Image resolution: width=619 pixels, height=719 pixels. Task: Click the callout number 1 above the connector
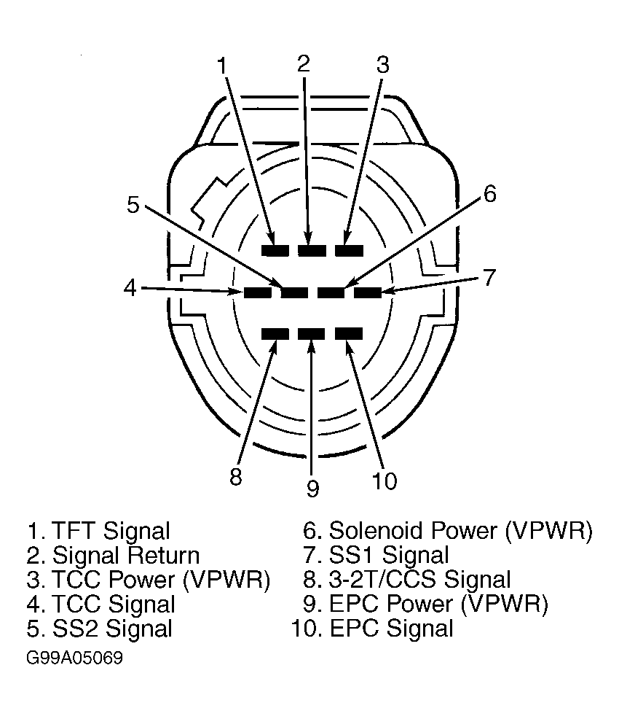[x=222, y=66]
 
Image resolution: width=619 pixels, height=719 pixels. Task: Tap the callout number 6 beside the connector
[x=490, y=194]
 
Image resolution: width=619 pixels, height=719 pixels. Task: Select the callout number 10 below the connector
[x=385, y=481]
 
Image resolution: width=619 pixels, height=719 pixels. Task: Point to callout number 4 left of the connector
[x=130, y=288]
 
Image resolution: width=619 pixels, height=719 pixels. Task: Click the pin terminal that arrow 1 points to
[x=275, y=250]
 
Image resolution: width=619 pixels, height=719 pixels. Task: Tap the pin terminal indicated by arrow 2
[x=312, y=250]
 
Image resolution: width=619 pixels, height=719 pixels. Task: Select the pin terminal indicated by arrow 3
[x=349, y=250]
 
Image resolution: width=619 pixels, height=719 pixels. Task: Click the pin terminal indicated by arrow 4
[x=257, y=292]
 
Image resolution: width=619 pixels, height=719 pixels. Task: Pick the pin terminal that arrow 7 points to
[x=368, y=292]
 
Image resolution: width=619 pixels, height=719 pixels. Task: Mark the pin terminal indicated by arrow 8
[x=275, y=334]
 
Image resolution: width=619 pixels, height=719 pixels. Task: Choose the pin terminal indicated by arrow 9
[x=312, y=334]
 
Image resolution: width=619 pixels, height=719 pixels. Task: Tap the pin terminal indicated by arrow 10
[x=349, y=334]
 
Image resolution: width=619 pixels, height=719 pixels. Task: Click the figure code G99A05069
[x=74, y=658]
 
